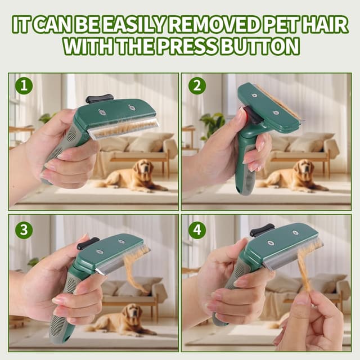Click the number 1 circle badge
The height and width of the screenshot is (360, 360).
24,85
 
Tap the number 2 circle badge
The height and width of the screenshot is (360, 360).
197,85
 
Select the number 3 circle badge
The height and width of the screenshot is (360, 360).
24,230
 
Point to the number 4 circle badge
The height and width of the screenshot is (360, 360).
197,230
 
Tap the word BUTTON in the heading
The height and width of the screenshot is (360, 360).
260,46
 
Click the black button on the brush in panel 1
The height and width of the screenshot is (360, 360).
99,99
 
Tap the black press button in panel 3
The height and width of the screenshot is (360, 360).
88,243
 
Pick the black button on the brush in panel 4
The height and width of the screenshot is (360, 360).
262,230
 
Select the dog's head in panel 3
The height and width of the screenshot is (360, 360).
131,311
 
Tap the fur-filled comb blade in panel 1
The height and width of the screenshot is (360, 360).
124,129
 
